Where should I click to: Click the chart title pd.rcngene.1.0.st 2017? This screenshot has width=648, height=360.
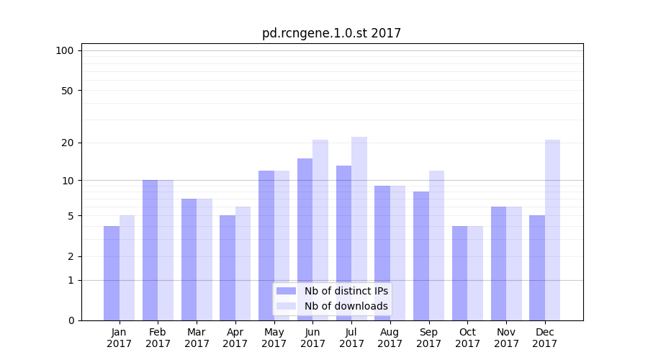(331, 33)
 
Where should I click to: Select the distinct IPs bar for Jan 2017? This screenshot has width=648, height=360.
(112, 274)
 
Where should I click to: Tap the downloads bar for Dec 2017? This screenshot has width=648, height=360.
(552, 230)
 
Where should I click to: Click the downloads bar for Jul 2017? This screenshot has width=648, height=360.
(359, 229)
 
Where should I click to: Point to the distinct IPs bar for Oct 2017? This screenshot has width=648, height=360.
(459, 274)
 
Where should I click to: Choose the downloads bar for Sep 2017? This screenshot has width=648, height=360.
(436, 246)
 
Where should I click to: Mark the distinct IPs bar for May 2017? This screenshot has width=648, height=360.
(266, 246)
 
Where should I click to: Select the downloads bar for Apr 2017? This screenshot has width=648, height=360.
(243, 264)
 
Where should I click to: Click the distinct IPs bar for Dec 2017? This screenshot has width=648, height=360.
(537, 268)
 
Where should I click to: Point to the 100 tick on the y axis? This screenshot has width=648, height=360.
(65, 50)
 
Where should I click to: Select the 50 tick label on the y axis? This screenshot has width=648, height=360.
(67, 91)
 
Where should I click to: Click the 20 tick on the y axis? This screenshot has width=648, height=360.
(67, 143)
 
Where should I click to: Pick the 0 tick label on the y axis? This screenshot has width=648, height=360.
(71, 320)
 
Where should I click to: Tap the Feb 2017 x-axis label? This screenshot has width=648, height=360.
(158, 338)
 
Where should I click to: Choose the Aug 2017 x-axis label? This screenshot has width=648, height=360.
(390, 338)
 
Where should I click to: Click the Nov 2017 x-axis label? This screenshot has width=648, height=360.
(506, 338)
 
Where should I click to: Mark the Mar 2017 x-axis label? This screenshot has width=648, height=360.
(197, 338)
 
